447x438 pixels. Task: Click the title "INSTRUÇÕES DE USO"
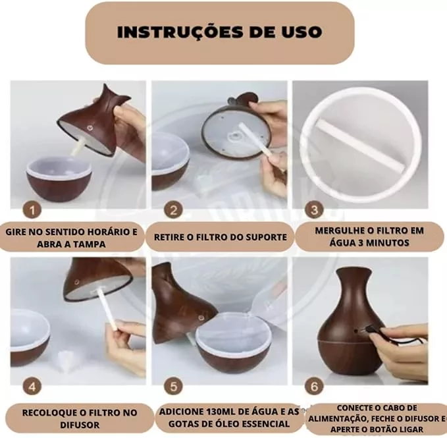pos(219,32)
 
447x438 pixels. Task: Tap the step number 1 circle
pos(32,211)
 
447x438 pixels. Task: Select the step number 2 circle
pos(173,211)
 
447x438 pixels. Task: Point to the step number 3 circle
pos(314,210)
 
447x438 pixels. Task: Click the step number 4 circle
pos(32,387)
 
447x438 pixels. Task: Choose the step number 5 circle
pos(173,387)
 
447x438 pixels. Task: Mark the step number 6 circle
pos(314,387)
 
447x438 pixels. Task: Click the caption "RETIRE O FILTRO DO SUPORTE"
pos(221,237)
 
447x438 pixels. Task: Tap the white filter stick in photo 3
pos(361,145)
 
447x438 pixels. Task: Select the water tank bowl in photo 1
pos(59,178)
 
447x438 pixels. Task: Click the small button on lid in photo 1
pos(90,127)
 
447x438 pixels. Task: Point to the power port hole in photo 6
pos(356,331)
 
